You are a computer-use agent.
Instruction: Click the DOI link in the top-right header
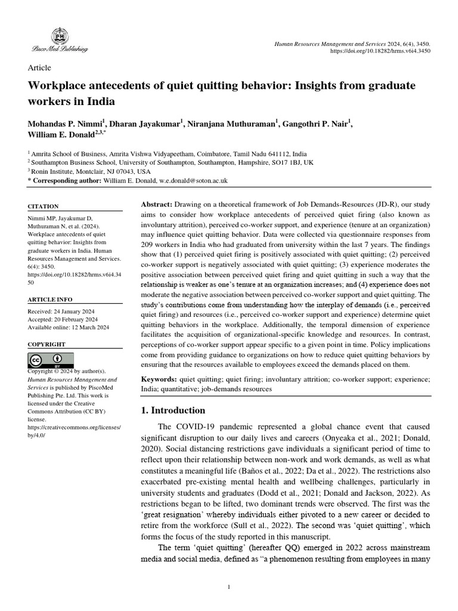[x=380, y=51]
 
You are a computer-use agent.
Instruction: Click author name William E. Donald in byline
[x=62, y=134]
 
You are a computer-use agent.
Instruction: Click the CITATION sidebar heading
[x=44, y=206]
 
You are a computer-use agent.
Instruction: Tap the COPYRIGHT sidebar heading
[x=47, y=345]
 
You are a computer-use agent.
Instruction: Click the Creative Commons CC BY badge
[x=51, y=360]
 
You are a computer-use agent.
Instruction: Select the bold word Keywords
[x=158, y=379]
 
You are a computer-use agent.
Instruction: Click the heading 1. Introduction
[x=173, y=411]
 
